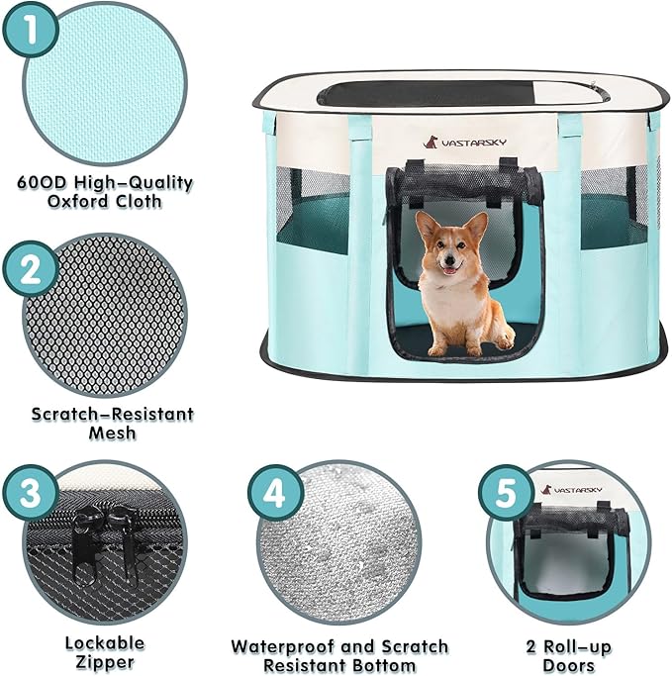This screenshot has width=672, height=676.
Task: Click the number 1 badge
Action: click(33, 33)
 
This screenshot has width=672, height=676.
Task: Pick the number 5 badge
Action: click(507, 492)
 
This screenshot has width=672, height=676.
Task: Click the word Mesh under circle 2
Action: click(106, 432)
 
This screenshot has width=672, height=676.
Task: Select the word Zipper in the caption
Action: click(105, 662)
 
